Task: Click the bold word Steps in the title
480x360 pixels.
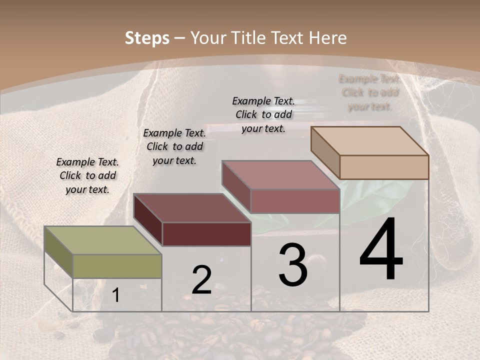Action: (147, 38)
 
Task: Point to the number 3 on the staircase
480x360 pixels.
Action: (293, 265)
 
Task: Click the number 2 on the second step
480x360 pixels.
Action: (201, 280)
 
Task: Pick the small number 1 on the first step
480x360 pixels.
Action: (115, 295)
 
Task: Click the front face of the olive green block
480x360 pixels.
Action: (117, 266)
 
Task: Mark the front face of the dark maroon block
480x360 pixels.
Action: (206, 234)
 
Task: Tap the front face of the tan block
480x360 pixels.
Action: (384, 167)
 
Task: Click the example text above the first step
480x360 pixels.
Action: (87, 175)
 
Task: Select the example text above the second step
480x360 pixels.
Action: (174, 146)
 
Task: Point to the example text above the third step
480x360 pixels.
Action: (263, 114)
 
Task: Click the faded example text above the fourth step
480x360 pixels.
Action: (370, 92)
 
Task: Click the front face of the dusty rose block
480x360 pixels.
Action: (295, 201)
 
